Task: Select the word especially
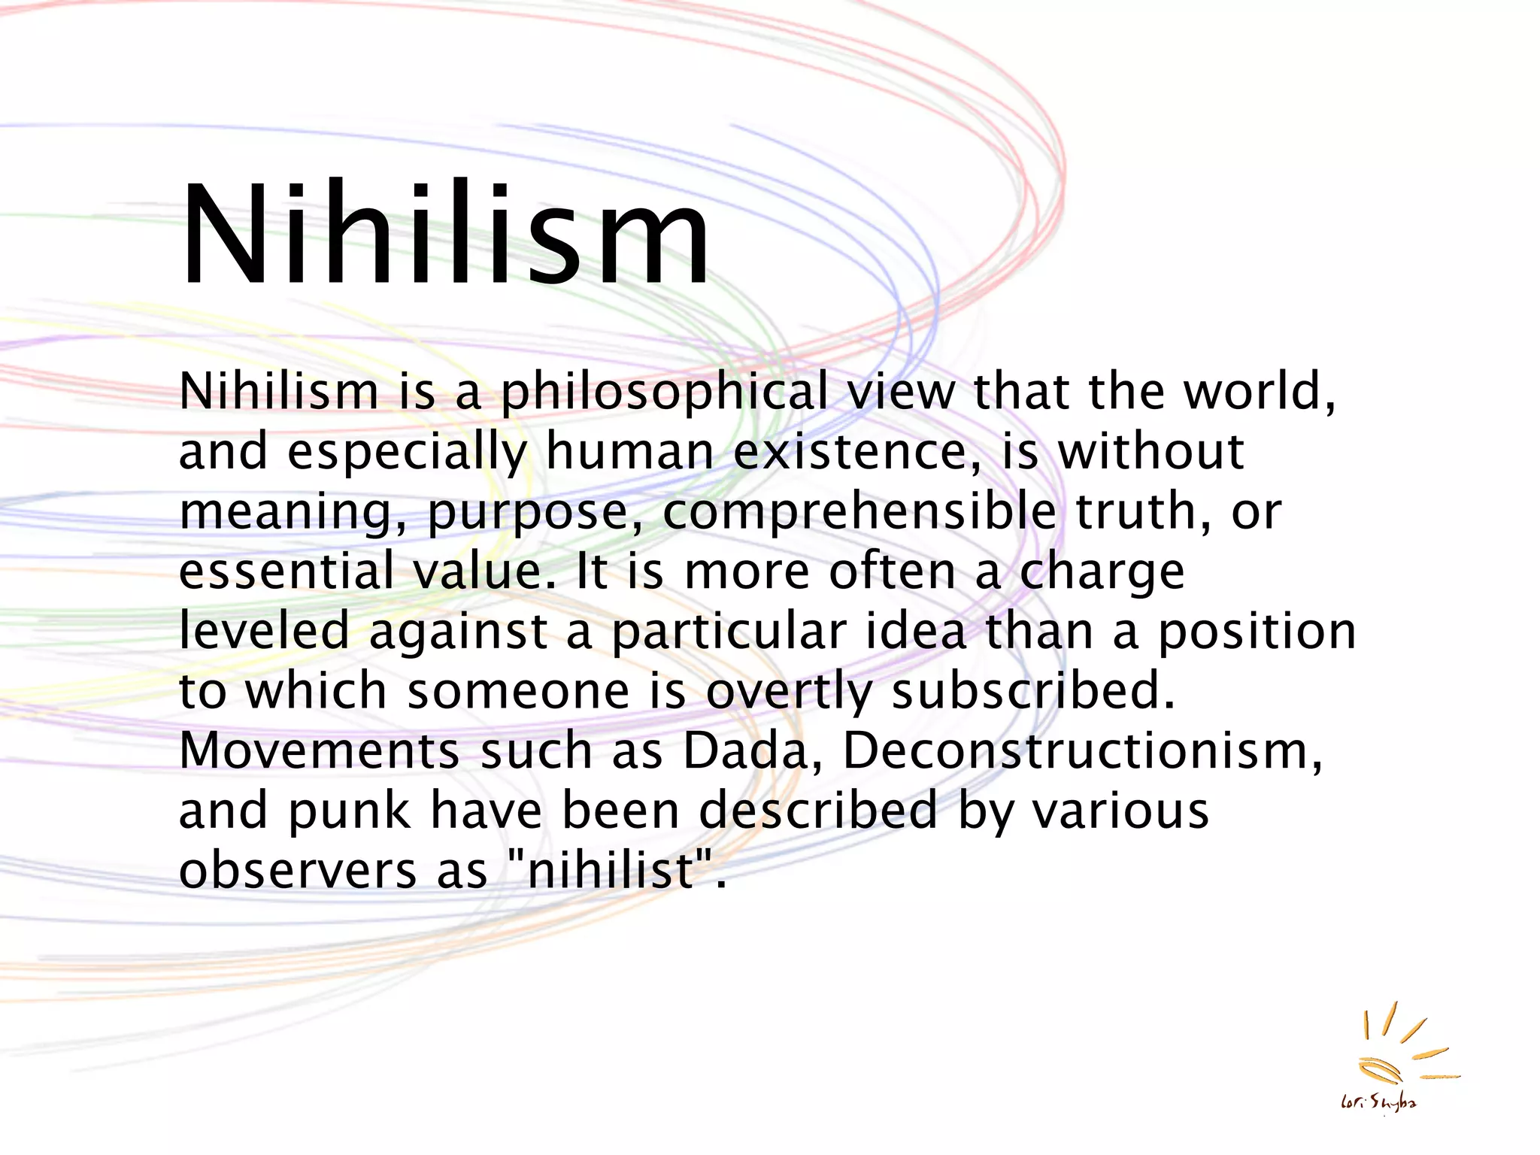408,453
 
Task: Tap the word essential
286,571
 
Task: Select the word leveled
264,630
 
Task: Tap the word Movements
320,750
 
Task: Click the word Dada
744,750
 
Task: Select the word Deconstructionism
1081,750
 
